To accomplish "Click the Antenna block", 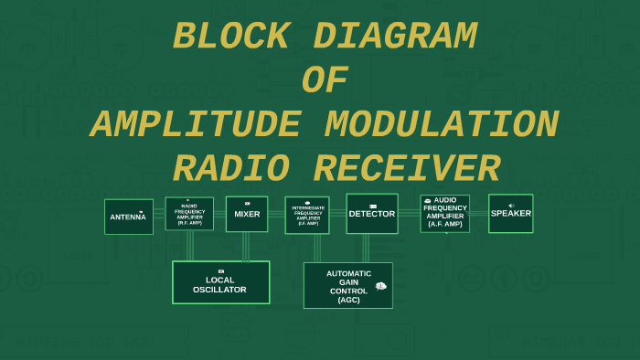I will (x=129, y=217).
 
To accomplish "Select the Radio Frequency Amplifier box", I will (x=189, y=214).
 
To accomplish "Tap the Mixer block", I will (x=247, y=215).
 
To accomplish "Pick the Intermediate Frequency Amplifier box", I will (x=307, y=216).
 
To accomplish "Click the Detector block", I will (x=372, y=214).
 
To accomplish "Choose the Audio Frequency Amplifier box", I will (x=445, y=213).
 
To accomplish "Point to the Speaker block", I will (x=511, y=214).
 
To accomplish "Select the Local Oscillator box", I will (x=220, y=282).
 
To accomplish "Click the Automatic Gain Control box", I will (x=348, y=286).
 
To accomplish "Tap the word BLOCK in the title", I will (x=230, y=37).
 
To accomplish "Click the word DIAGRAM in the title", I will (x=395, y=37).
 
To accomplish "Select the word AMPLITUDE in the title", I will (x=194, y=125).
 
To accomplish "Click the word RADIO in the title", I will (x=231, y=170).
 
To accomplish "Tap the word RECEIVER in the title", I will (x=407, y=170).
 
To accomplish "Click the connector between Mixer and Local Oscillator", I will (x=245, y=247).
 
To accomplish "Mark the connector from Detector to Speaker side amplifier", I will (x=409, y=214).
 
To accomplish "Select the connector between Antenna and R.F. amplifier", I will (x=159, y=215).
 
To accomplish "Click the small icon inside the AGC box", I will (x=381, y=286).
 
